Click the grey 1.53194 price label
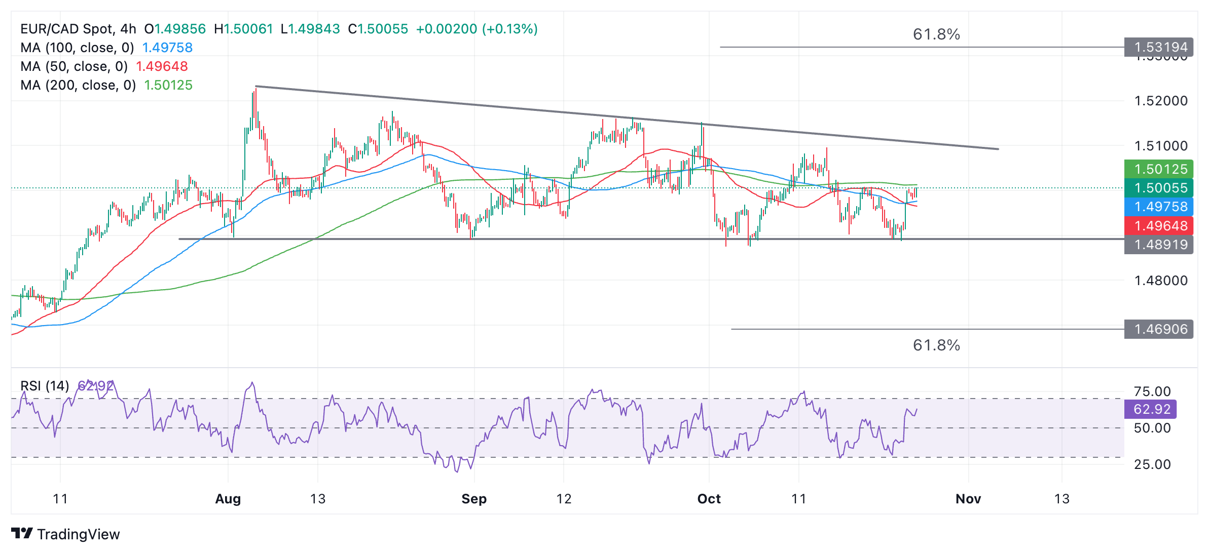pyautogui.click(x=1160, y=47)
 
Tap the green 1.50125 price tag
pyautogui.click(x=1160, y=169)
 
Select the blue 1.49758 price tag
pyautogui.click(x=1160, y=207)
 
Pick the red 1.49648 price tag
pyautogui.click(x=1160, y=226)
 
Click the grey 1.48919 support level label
pyautogui.click(x=1160, y=245)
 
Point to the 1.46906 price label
pyautogui.click(x=1160, y=329)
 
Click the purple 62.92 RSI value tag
pyautogui.click(x=1151, y=409)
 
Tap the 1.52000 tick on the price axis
pyautogui.click(x=1160, y=101)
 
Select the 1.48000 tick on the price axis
pyautogui.click(x=1160, y=281)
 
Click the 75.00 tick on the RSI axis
pyautogui.click(x=1152, y=391)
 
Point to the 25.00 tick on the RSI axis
pyautogui.click(x=1152, y=464)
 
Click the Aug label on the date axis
pyautogui.click(x=228, y=499)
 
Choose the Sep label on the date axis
pyautogui.click(x=473, y=499)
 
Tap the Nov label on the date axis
pyautogui.click(x=968, y=499)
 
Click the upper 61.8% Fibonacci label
pyautogui.click(x=936, y=34)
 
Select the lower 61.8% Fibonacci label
pyautogui.click(x=936, y=345)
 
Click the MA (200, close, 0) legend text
pyautogui.click(x=78, y=85)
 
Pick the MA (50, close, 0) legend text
pyautogui.click(x=74, y=66)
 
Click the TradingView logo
pyautogui.click(x=65, y=534)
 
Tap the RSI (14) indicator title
pyautogui.click(x=45, y=386)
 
